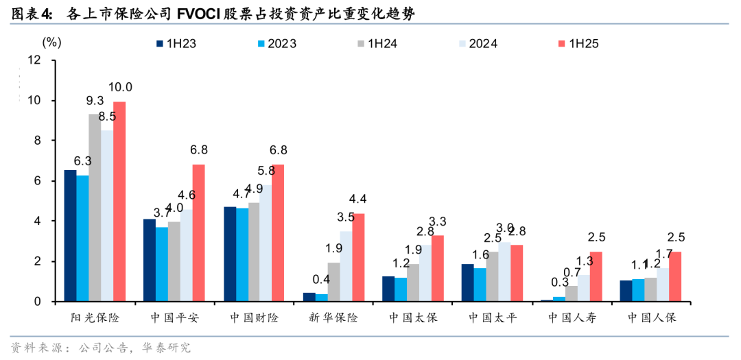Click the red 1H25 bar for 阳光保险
(119, 202)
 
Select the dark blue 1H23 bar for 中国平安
(149, 261)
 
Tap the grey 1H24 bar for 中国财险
(254, 252)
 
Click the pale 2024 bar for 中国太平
(504, 272)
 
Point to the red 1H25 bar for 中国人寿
(596, 277)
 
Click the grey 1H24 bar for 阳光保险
(95, 208)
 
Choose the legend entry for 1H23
(176, 44)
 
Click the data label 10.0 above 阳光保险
(120, 87)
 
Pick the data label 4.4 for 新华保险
(358, 200)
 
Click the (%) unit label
(51, 42)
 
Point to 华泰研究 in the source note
(167, 348)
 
